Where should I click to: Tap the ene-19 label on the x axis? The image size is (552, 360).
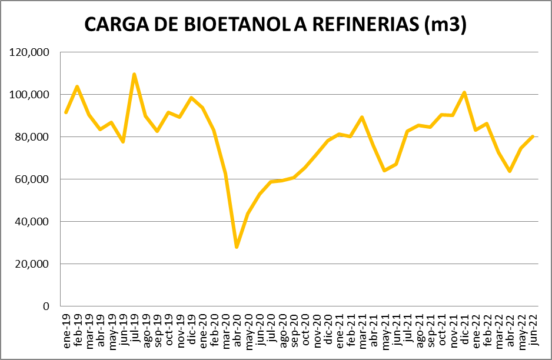(x=66, y=327)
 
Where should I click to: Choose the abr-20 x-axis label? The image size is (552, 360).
(x=237, y=327)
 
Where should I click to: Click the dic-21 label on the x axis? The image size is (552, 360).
(x=464, y=327)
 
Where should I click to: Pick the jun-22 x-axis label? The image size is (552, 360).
(x=533, y=327)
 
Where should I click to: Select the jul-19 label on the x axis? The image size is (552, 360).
(x=135, y=327)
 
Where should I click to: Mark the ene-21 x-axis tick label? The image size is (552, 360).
(x=340, y=327)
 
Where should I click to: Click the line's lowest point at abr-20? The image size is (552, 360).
(x=237, y=247)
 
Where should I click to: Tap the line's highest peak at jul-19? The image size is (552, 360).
(x=134, y=74)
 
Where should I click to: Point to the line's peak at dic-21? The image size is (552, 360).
(x=464, y=92)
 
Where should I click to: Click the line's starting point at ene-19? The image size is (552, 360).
(x=66, y=112)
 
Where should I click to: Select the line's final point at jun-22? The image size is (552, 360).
(x=533, y=136)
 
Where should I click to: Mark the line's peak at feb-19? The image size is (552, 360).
(x=77, y=86)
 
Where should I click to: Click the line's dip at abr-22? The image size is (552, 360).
(x=510, y=171)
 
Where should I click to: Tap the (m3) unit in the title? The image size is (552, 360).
(x=444, y=24)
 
